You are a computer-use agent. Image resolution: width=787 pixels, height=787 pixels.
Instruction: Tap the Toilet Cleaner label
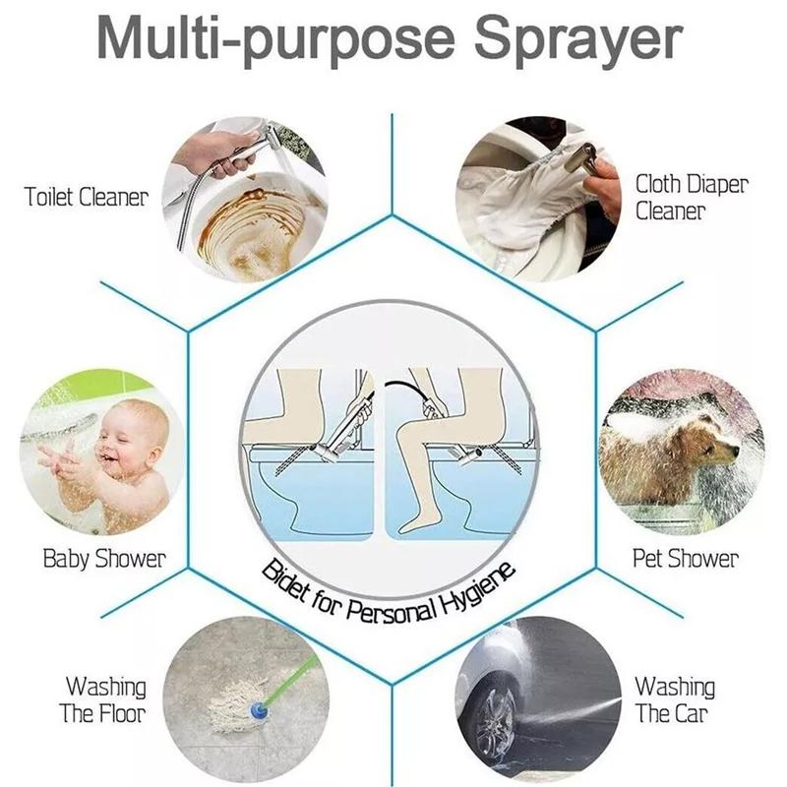[86, 197]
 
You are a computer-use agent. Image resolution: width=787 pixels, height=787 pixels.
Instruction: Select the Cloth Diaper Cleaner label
[691, 197]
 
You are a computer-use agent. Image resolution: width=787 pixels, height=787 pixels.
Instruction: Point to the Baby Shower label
[104, 559]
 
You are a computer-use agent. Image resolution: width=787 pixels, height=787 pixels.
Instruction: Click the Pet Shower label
[685, 559]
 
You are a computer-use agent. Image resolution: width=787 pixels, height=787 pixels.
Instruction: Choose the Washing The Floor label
[103, 698]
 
